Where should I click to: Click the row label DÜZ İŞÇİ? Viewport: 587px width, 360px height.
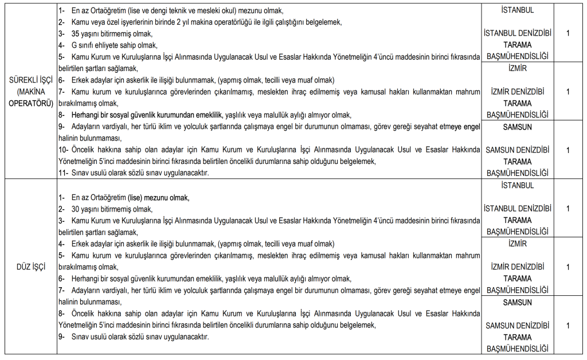click(30, 267)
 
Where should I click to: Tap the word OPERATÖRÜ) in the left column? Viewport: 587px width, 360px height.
click(30, 103)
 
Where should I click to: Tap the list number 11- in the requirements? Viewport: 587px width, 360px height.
click(64, 173)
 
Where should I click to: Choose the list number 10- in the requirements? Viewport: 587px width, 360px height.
click(64, 150)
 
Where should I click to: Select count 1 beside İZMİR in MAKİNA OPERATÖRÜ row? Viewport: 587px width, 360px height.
click(568, 92)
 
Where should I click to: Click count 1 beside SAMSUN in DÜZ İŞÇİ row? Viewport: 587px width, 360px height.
click(568, 326)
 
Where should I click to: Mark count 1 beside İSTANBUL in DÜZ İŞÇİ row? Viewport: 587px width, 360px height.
click(568, 209)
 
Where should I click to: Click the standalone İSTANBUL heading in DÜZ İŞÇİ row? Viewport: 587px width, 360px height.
click(517, 186)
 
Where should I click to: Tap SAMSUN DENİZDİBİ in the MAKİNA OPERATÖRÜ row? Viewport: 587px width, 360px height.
click(517, 150)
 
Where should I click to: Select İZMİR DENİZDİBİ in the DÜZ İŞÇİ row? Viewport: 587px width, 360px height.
click(517, 267)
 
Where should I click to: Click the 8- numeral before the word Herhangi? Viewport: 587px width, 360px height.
click(62, 115)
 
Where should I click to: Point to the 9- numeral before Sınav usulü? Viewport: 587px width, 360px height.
click(62, 337)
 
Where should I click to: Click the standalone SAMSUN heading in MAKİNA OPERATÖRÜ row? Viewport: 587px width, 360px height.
click(517, 126)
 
